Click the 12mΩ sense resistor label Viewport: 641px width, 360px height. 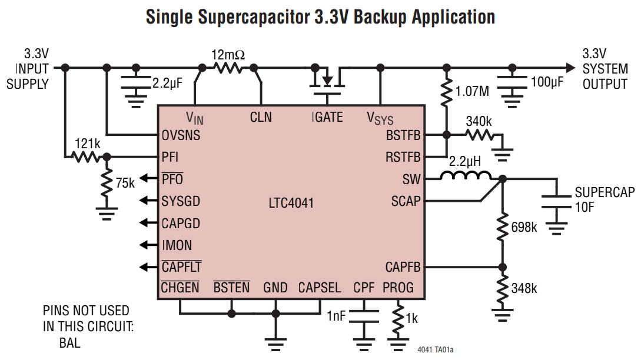(228, 55)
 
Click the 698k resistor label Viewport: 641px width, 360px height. (524, 227)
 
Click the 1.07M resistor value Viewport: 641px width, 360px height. (472, 92)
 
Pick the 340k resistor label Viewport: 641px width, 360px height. (479, 122)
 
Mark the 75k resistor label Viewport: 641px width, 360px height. (125, 183)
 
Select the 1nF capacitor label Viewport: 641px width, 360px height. (336, 316)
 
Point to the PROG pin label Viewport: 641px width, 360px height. (398, 288)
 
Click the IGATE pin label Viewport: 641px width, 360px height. (327, 117)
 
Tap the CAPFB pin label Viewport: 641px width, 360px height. (403, 267)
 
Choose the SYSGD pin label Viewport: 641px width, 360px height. (181, 201)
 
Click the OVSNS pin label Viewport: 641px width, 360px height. (181, 135)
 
